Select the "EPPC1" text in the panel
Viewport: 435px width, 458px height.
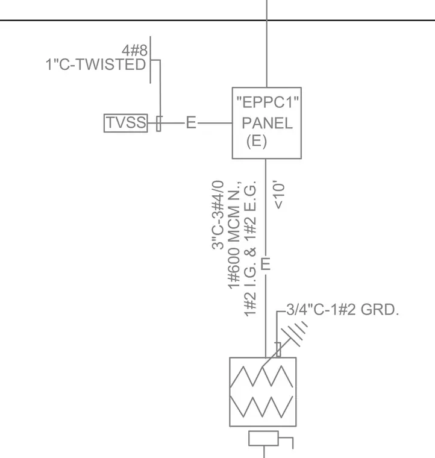(x=268, y=102)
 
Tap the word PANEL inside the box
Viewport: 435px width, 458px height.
(x=267, y=123)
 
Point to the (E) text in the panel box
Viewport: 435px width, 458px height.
(x=257, y=142)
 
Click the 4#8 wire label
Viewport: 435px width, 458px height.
(x=134, y=50)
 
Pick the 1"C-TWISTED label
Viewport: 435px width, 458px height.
(x=96, y=64)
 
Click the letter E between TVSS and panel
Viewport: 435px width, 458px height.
(x=191, y=122)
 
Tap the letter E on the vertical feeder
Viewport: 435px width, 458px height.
(x=265, y=264)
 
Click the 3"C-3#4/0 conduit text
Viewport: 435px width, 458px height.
(x=218, y=215)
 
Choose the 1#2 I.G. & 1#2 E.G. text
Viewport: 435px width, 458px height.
(x=250, y=248)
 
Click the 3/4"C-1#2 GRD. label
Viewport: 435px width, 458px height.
(x=342, y=310)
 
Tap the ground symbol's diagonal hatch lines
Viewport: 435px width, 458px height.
(x=294, y=333)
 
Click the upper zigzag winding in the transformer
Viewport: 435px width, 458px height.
(x=261, y=377)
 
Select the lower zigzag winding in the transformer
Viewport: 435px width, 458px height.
(x=261, y=407)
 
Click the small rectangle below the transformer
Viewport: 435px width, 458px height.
(x=263, y=438)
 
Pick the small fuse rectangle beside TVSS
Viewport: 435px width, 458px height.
(x=158, y=124)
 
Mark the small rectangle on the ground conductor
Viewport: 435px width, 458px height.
(x=278, y=350)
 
